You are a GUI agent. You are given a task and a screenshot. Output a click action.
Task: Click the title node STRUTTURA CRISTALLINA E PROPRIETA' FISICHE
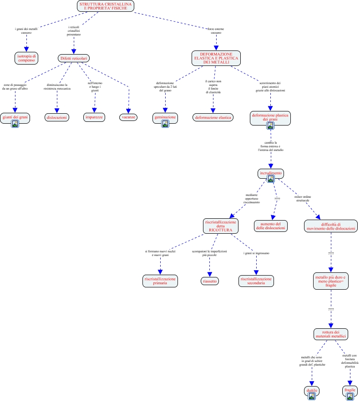coord(106,6)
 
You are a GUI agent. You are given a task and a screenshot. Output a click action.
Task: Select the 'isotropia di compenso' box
coord(26,57)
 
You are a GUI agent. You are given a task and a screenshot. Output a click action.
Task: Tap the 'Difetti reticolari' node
coord(75,58)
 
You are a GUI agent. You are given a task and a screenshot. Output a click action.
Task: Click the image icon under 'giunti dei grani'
coord(15,123)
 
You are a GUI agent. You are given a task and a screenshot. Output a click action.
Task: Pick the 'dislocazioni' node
coord(57,117)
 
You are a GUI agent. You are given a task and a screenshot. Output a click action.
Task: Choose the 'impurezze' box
coord(94,117)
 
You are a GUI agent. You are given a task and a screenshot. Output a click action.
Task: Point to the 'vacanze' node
coord(128,117)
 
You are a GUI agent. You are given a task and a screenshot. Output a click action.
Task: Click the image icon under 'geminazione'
coord(165,123)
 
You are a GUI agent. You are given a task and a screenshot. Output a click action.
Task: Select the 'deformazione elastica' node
coord(213,117)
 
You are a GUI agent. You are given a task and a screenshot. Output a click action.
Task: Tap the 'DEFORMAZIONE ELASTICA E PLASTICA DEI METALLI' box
coord(216,58)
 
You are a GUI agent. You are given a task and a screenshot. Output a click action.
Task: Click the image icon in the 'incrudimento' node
coord(270,179)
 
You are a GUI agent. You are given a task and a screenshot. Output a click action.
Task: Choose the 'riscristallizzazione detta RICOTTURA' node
coord(220,226)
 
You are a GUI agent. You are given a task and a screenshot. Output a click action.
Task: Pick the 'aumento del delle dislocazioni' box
coord(271,226)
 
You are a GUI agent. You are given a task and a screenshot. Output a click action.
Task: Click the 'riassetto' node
coord(209,281)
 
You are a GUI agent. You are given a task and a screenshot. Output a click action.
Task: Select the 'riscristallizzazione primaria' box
coord(160,281)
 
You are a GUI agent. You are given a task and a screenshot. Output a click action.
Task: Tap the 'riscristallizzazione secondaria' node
coord(256,281)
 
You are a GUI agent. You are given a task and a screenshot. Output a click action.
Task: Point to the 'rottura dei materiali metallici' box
coord(331,334)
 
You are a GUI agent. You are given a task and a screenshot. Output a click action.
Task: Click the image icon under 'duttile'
coord(312,396)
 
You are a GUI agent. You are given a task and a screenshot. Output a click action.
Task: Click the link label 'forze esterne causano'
coord(216,31)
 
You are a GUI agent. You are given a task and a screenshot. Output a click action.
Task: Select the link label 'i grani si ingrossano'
coord(256,253)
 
